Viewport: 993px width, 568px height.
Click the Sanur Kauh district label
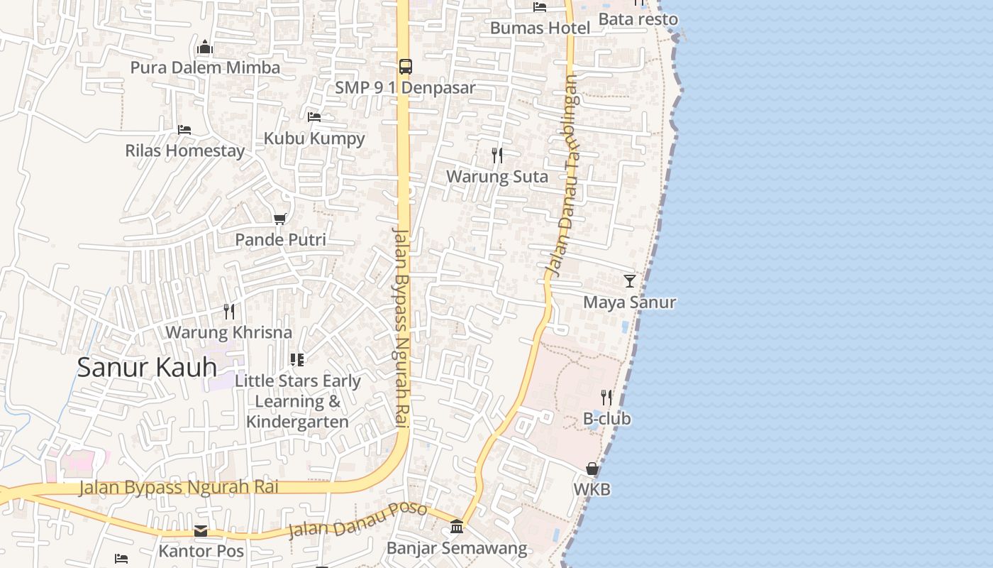[147, 367]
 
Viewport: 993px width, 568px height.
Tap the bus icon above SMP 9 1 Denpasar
[405, 67]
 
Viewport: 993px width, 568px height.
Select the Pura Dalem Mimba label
[205, 67]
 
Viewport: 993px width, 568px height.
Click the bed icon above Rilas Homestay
[184, 129]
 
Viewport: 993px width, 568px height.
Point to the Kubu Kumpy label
[314, 138]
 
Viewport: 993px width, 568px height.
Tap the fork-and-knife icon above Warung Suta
[497, 155]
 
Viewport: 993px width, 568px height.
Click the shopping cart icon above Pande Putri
[280, 219]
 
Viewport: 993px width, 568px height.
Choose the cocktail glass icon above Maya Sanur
[630, 280]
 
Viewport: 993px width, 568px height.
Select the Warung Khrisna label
[228, 332]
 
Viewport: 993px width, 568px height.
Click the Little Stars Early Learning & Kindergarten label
[298, 401]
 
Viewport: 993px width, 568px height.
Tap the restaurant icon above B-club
[606, 397]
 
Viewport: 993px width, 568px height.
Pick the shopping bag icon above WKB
[592, 469]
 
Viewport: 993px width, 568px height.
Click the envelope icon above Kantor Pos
[201, 531]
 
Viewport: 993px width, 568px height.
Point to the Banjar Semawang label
[457, 548]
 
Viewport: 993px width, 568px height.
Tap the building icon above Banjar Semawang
[457, 527]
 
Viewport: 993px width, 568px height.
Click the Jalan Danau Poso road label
[358, 520]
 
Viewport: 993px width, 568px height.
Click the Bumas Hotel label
[540, 28]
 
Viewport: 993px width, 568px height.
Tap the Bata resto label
[638, 19]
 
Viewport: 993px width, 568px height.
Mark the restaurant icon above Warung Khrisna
[228, 311]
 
